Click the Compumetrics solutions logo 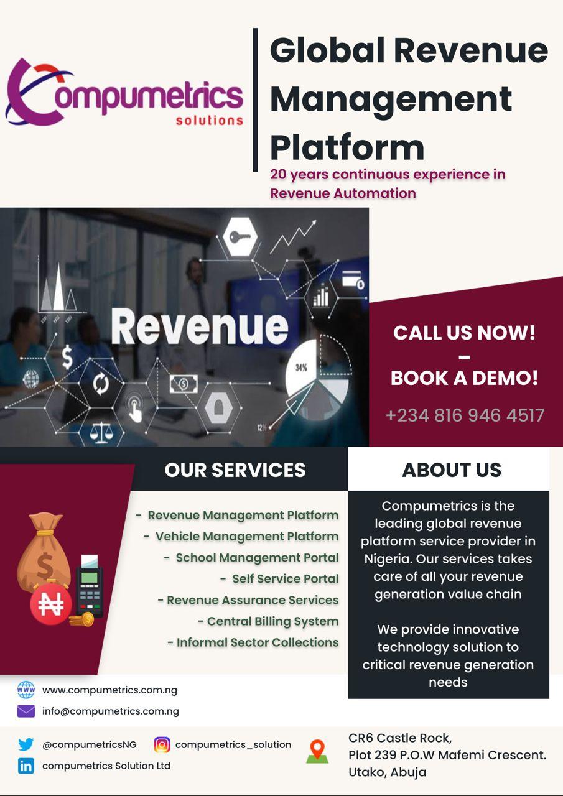click(x=124, y=93)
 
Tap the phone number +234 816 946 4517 click(x=465, y=415)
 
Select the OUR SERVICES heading click(x=235, y=470)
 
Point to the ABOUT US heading click(x=452, y=470)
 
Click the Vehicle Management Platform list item click(x=246, y=536)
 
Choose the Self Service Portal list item click(x=285, y=578)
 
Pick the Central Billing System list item click(x=272, y=621)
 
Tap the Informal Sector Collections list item click(x=258, y=642)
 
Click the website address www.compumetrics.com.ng click(x=109, y=690)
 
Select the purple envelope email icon click(x=26, y=711)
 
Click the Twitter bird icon click(x=26, y=744)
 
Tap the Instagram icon click(x=162, y=744)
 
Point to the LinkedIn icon click(x=26, y=766)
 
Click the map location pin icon click(x=317, y=751)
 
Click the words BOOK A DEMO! click(x=464, y=377)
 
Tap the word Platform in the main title click(x=347, y=147)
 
